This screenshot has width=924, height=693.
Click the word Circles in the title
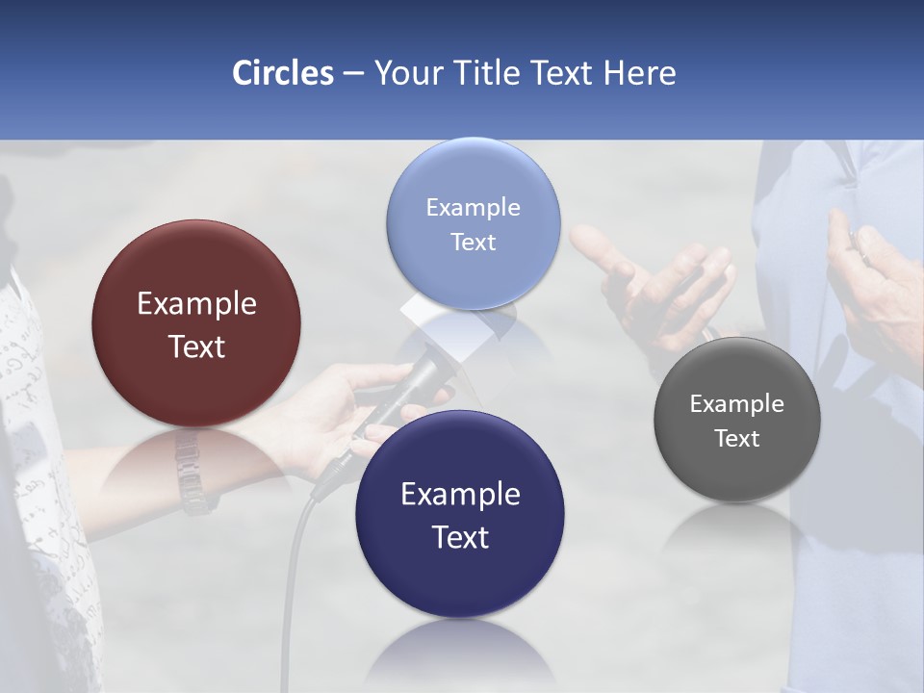(x=282, y=73)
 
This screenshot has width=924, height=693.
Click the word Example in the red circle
(x=196, y=304)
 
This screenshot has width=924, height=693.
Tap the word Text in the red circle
(x=196, y=347)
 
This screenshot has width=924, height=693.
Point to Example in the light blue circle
(x=473, y=208)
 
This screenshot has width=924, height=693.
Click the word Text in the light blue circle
(x=473, y=243)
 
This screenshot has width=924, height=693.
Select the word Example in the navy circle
(x=460, y=495)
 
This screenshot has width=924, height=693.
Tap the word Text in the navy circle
(x=460, y=538)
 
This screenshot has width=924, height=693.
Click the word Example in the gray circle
(x=737, y=404)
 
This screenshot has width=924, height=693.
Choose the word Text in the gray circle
(x=737, y=439)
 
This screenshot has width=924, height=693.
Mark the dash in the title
(x=352, y=74)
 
